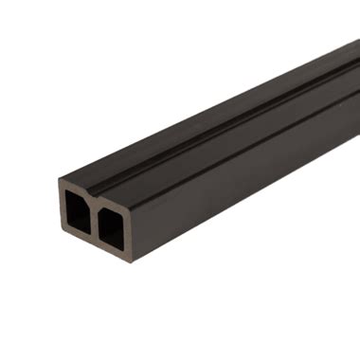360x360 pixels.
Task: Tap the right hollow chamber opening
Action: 111,228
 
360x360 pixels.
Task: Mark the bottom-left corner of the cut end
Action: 61,235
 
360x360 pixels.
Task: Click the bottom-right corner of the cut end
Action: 130,262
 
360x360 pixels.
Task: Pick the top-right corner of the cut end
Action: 129,202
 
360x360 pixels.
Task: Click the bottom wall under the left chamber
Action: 77,237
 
